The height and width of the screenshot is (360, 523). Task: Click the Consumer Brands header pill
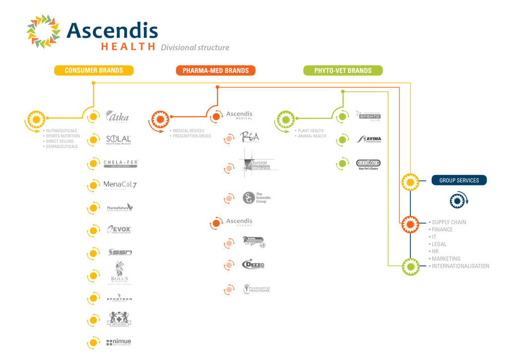pos(94,70)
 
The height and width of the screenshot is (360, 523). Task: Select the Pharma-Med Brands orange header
pos(216,70)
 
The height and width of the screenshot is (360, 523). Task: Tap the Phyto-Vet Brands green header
pos(343,70)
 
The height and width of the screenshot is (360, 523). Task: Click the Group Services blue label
pos(459,180)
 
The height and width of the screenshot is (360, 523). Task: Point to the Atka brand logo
pos(118,118)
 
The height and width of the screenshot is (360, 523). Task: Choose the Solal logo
pos(119,140)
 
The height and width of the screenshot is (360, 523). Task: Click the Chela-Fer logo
pos(121,164)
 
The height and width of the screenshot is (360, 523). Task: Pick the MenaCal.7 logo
pos(120,185)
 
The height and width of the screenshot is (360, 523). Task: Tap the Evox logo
pos(119,230)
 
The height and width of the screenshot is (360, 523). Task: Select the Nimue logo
pos(119,342)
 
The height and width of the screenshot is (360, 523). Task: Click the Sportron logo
pos(119,299)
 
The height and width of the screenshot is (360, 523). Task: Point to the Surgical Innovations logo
pos(259,164)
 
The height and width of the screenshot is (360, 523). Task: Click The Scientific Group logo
pos(257,198)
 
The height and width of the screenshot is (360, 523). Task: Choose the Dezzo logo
pos(253,265)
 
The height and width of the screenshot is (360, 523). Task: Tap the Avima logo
pos(369,139)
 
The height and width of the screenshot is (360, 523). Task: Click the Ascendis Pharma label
pos(239,222)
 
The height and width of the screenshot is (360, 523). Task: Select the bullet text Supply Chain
pos(449,222)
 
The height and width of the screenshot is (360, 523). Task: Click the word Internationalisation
pos(460,266)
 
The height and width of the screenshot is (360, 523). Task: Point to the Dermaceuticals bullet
pos(62,146)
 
